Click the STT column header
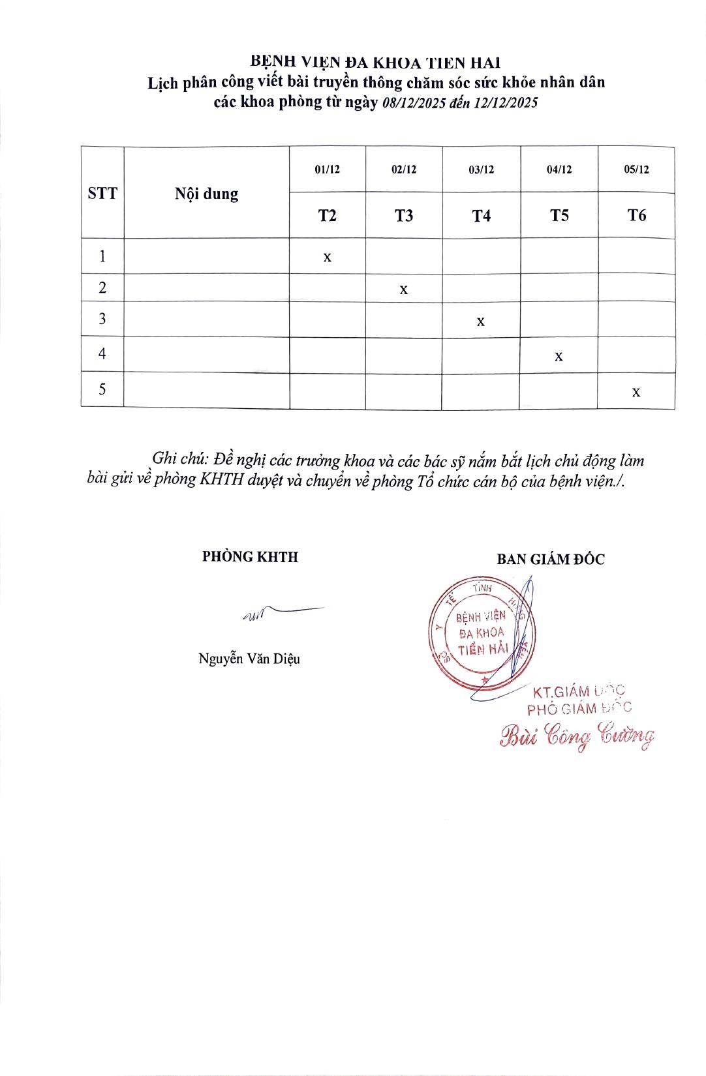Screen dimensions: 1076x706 pyautogui.click(x=102, y=193)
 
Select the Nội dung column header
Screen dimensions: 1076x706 pyautogui.click(x=206, y=194)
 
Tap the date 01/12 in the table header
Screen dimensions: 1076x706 pyautogui.click(x=327, y=170)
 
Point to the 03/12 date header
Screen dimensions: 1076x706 pyautogui.click(x=482, y=170)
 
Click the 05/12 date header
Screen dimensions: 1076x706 pyautogui.click(x=636, y=170)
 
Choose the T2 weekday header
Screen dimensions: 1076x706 pyautogui.click(x=327, y=215)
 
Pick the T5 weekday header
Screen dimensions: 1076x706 pyautogui.click(x=559, y=215)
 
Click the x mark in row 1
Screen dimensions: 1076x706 pyautogui.click(x=328, y=258)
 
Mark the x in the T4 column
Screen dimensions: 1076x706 pyautogui.click(x=481, y=321)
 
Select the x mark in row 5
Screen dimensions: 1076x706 pyautogui.click(x=636, y=392)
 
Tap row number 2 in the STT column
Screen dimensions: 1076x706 pyautogui.click(x=102, y=288)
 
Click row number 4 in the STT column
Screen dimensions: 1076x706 pyautogui.click(x=102, y=354)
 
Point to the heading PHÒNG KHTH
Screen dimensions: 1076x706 pyautogui.click(x=250, y=557)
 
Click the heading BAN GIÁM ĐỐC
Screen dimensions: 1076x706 pyautogui.click(x=551, y=560)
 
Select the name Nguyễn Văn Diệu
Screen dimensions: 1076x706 pyautogui.click(x=249, y=659)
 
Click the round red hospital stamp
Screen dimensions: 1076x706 pyautogui.click(x=482, y=633)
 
